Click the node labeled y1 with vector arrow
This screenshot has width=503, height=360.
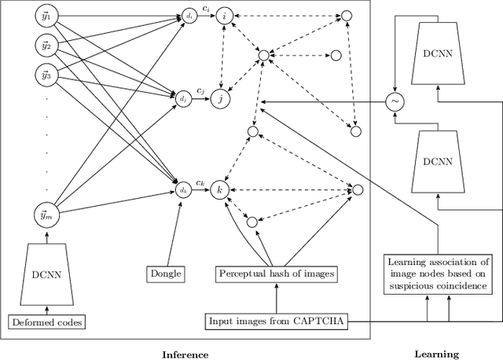pyautogui.click(x=46, y=16)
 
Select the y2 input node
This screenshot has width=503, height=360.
pyautogui.click(x=46, y=46)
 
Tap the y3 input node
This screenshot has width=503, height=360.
pyautogui.click(x=46, y=75)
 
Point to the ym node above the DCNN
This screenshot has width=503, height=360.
pyautogui.click(x=46, y=213)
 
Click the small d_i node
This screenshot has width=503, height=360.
pyautogui.click(x=189, y=15)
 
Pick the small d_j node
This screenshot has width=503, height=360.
pyautogui.click(x=182, y=99)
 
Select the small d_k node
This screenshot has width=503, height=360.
pyautogui.click(x=182, y=189)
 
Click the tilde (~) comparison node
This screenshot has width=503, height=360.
pyautogui.click(x=392, y=101)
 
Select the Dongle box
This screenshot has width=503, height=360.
pyautogui.click(x=165, y=274)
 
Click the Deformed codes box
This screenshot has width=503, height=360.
pyautogui.click(x=46, y=321)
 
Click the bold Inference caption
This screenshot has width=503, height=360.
pyautogui.click(x=185, y=354)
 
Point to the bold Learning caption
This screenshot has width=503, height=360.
pyautogui.click(x=437, y=354)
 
